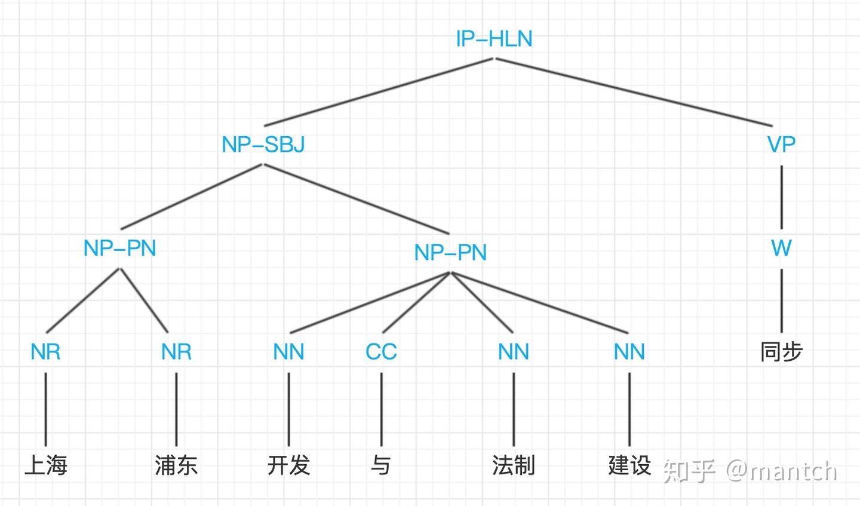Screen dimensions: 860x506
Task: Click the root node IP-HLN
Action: tap(494, 39)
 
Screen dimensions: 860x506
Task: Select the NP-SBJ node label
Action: tap(263, 145)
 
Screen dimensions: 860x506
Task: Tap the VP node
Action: tap(781, 145)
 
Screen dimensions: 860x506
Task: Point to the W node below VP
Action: tap(781, 248)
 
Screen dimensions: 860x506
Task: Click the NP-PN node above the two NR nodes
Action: tap(120, 248)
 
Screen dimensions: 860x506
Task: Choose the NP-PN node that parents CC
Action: tap(450, 253)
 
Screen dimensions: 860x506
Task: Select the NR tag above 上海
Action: tap(45, 352)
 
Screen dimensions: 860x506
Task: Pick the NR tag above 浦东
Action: tap(176, 352)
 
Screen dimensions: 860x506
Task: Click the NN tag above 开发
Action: tap(288, 352)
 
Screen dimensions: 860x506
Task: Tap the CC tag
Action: tap(381, 352)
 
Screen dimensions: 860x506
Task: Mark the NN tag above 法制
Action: tap(514, 352)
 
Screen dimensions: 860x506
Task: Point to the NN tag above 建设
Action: tap(629, 352)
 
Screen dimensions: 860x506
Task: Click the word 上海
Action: tap(45, 465)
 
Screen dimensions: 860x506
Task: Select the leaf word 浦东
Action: tap(176, 465)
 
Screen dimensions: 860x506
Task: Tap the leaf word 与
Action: tap(381, 465)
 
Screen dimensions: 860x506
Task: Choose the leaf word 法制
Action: tap(514, 465)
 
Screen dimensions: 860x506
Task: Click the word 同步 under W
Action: tap(781, 352)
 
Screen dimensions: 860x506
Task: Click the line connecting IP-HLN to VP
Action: tap(634, 92)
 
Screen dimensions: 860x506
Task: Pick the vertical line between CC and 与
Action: tap(381, 409)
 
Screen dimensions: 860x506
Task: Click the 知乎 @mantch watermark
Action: tap(750, 471)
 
